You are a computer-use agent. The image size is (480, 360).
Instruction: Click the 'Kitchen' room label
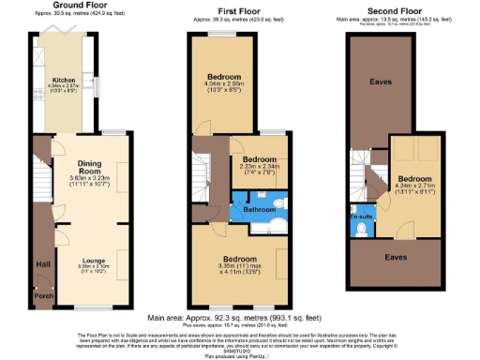pyautogui.click(x=63, y=81)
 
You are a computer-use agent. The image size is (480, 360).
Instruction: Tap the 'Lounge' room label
pyautogui.click(x=92, y=261)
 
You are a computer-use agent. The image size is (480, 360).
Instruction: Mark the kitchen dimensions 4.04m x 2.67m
pyautogui.click(x=63, y=88)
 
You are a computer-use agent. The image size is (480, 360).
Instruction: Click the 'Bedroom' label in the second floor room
pyautogui.click(x=413, y=177)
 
